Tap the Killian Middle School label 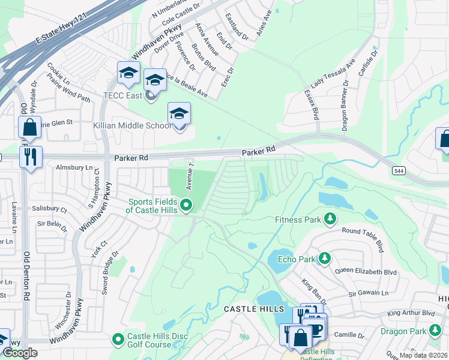[127, 125]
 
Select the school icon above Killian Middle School [179, 113]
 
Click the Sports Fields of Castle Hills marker [186, 206]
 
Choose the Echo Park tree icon [324, 259]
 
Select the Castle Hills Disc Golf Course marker [118, 340]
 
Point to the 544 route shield [399, 171]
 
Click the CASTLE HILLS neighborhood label [253, 308]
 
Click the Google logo [20, 353]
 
